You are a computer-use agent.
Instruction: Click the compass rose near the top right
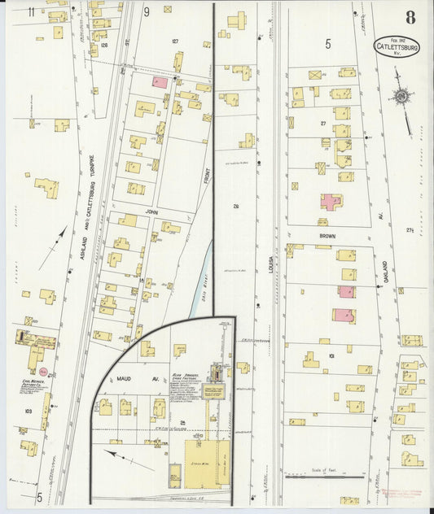click(x=401, y=98)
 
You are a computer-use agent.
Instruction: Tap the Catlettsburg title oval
click(x=397, y=46)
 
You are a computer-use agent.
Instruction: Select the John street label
click(x=150, y=209)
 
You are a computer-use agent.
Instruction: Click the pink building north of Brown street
click(x=331, y=201)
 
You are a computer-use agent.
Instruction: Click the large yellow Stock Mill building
click(x=204, y=460)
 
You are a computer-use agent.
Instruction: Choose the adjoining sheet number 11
click(x=30, y=11)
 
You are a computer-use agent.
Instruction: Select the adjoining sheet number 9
click(x=147, y=11)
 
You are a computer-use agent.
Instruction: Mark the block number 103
click(x=28, y=412)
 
